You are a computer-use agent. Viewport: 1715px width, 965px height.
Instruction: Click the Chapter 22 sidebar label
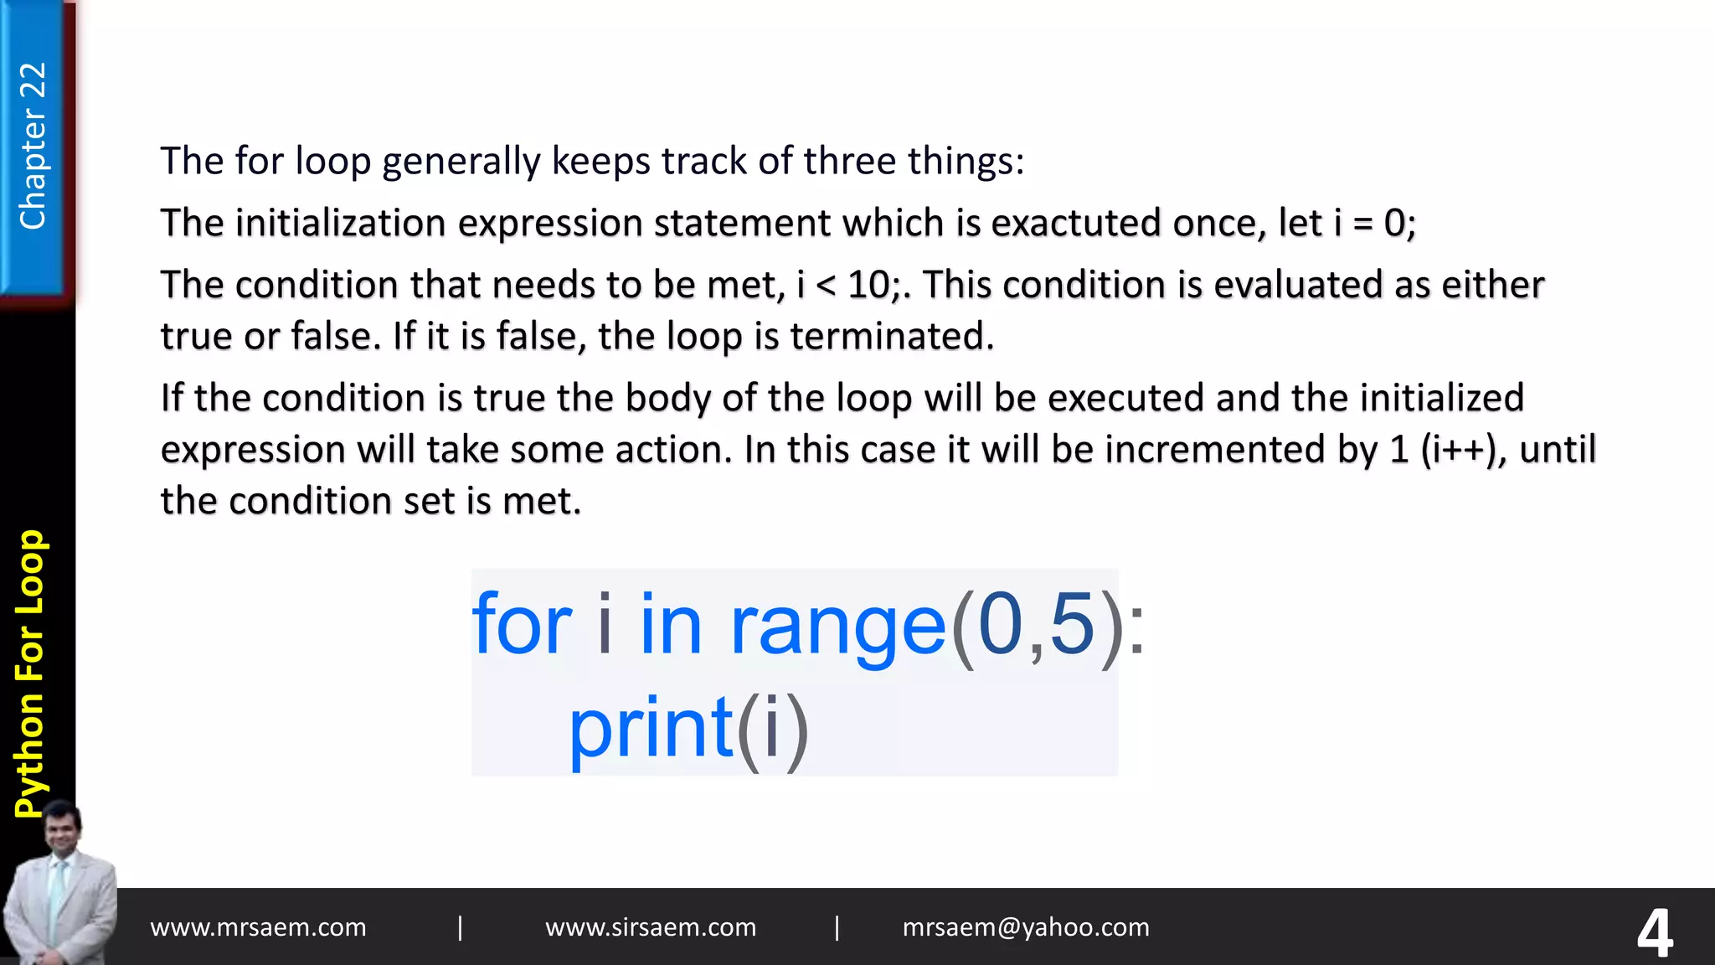pos(33,146)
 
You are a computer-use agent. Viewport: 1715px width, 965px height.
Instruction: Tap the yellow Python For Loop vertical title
pos(31,673)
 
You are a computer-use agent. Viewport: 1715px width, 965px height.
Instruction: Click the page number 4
pos(1655,932)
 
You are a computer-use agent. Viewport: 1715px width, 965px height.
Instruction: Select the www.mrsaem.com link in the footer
pos(258,927)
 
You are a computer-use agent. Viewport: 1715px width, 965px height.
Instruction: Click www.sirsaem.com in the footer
pos(651,927)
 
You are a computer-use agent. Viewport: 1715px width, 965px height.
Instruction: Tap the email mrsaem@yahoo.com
pos(1026,927)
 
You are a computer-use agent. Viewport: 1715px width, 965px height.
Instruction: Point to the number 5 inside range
pos(1072,624)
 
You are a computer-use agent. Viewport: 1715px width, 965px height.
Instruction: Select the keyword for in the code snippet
pos(521,624)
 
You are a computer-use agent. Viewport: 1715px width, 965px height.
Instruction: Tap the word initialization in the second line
pos(340,223)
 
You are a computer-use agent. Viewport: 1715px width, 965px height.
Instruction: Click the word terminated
pos(892,336)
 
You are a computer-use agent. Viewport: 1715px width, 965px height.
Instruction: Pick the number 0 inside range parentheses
pos(1000,624)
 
